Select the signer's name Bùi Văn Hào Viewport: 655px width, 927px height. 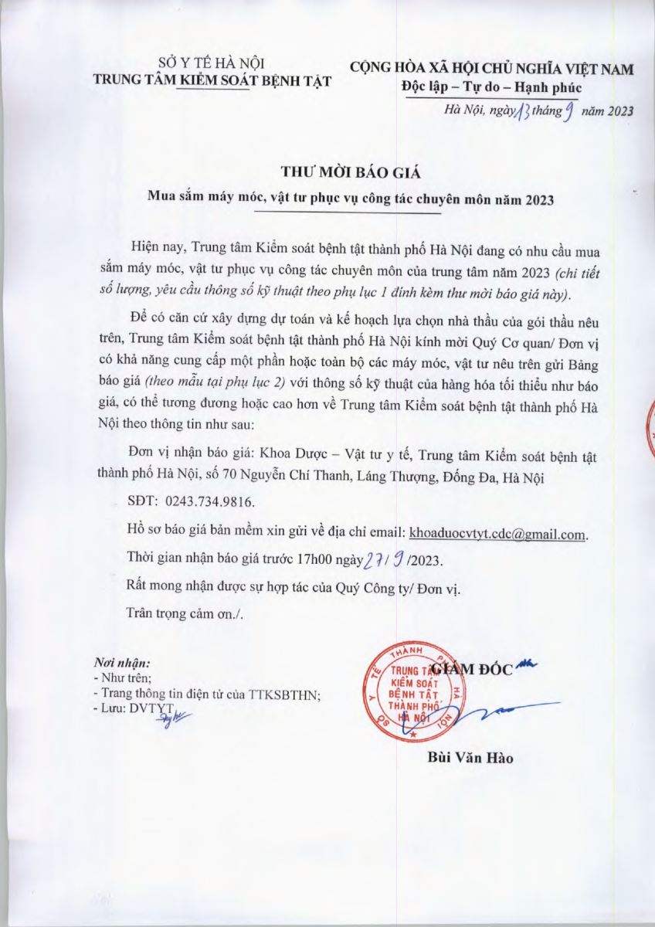click(x=470, y=757)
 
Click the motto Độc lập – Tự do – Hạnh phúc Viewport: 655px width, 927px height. click(x=492, y=87)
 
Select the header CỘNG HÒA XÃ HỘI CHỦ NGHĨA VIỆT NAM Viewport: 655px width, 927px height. click(x=492, y=69)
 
